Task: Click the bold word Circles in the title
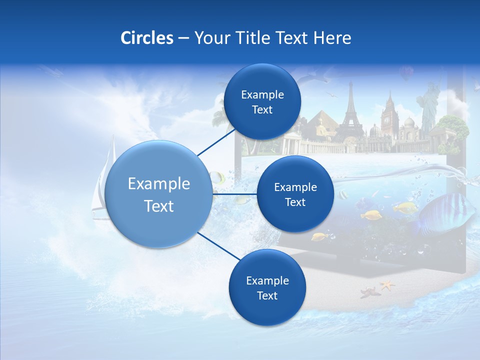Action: coord(146,38)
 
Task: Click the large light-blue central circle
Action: coord(159,194)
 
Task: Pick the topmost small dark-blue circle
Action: coord(262,101)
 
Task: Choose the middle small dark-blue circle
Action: coord(295,194)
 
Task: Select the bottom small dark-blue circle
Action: coord(267,287)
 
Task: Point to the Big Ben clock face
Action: coord(387,120)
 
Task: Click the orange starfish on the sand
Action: coord(387,285)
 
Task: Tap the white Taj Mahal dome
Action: coord(409,123)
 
